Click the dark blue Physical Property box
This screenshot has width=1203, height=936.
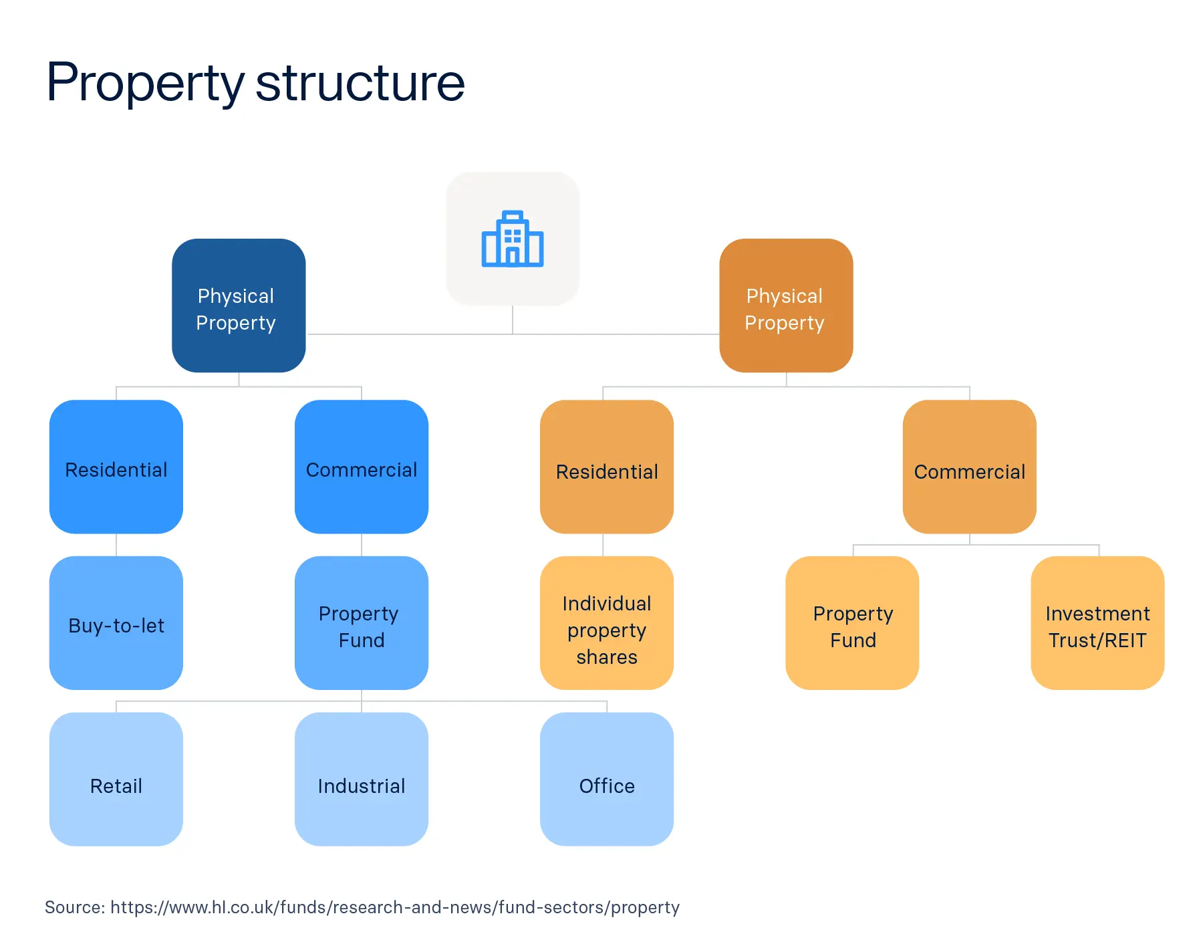239,306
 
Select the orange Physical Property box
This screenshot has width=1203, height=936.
786,306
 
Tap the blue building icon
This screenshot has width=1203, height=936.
513,239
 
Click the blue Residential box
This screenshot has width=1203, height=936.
116,467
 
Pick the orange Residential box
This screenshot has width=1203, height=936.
607,467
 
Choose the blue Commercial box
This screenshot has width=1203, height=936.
362,467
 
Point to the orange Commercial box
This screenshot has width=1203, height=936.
969,467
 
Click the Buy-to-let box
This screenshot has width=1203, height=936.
116,623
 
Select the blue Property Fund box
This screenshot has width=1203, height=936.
362,623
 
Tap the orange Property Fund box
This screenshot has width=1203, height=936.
852,623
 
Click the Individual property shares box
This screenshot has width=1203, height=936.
607,623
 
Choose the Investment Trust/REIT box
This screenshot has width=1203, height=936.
1097,623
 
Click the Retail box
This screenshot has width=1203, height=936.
116,779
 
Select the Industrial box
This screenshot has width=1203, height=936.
362,779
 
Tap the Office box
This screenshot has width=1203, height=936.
607,779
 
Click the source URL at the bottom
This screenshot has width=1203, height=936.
394,907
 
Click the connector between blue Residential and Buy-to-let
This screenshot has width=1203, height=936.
116,545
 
